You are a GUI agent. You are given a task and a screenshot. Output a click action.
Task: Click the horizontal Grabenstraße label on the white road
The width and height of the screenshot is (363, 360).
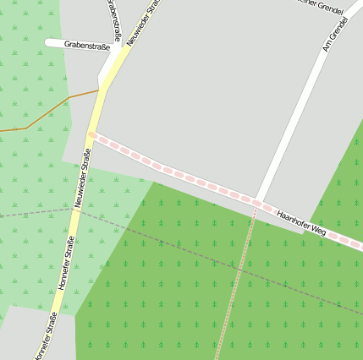pos(87,46)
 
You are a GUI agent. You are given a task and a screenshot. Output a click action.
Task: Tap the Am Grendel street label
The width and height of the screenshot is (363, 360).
pos(337,35)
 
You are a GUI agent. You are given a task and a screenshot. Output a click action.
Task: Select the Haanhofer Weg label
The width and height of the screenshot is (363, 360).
pos(301,222)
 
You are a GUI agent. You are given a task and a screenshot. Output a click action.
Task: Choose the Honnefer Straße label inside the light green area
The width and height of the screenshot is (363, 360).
pos(66,264)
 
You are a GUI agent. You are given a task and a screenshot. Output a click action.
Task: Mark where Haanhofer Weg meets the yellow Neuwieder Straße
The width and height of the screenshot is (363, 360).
pos(91,134)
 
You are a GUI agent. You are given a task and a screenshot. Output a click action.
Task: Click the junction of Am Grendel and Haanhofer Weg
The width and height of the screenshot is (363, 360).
pos(258,201)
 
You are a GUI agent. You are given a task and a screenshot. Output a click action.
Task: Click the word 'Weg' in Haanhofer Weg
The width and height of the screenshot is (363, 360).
pos(316,229)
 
